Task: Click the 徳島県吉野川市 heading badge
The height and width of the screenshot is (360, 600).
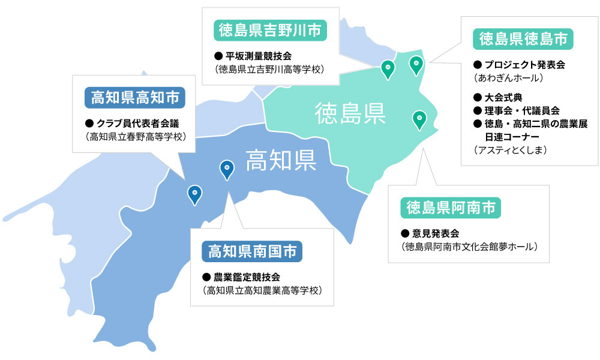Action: [270, 30]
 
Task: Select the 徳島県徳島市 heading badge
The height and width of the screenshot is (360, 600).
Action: [523, 39]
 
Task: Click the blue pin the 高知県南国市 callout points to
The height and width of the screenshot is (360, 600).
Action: [226, 169]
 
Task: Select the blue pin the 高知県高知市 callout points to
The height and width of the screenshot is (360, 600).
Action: [194, 193]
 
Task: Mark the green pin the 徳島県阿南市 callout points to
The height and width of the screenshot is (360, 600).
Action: [419, 119]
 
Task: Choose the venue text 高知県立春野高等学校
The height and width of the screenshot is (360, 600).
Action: [137, 137]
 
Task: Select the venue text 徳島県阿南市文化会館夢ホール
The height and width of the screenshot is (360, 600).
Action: [469, 246]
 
